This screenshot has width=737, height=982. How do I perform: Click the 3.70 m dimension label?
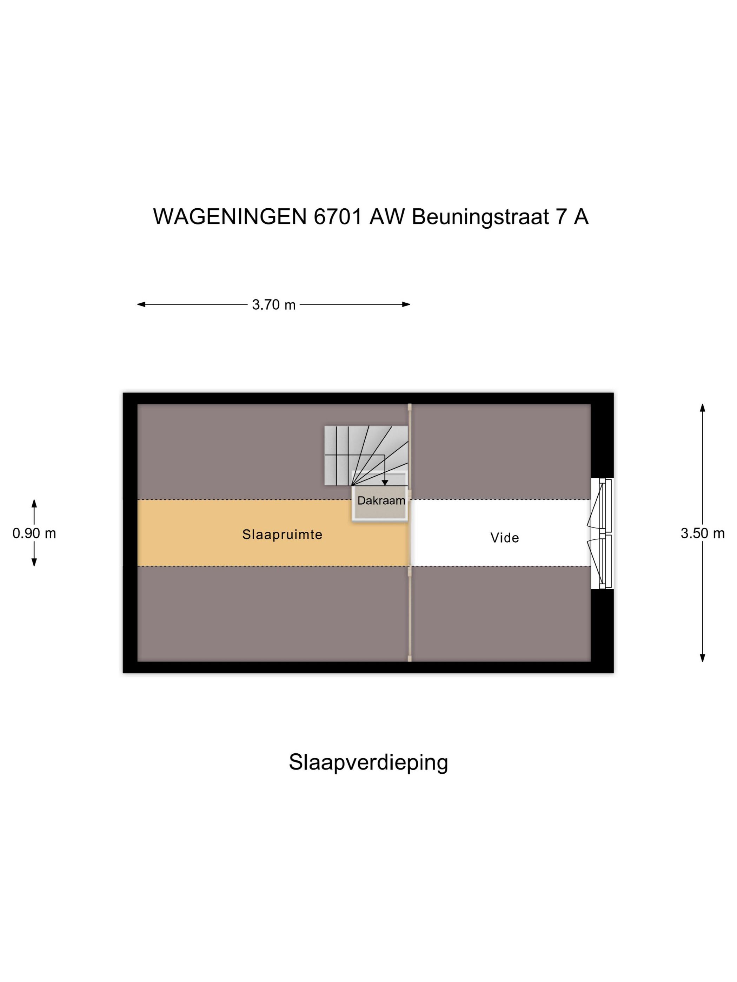point(274,304)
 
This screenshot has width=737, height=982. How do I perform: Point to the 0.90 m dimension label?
point(34,533)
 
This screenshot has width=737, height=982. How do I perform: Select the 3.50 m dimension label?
point(702,533)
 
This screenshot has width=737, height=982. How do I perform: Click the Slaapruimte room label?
point(282,534)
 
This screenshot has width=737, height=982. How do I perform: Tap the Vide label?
point(505,538)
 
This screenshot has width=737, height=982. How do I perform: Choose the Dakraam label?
point(381,501)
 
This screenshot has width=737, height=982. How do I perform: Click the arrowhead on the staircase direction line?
point(385,483)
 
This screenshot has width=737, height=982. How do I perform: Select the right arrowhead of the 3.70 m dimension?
point(406,304)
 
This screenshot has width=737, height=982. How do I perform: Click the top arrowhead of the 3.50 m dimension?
point(702,408)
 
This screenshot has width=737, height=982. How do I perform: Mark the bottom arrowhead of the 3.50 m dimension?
point(702,658)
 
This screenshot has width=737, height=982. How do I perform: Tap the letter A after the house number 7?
point(581,217)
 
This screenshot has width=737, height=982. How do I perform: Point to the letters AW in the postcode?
point(387,217)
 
